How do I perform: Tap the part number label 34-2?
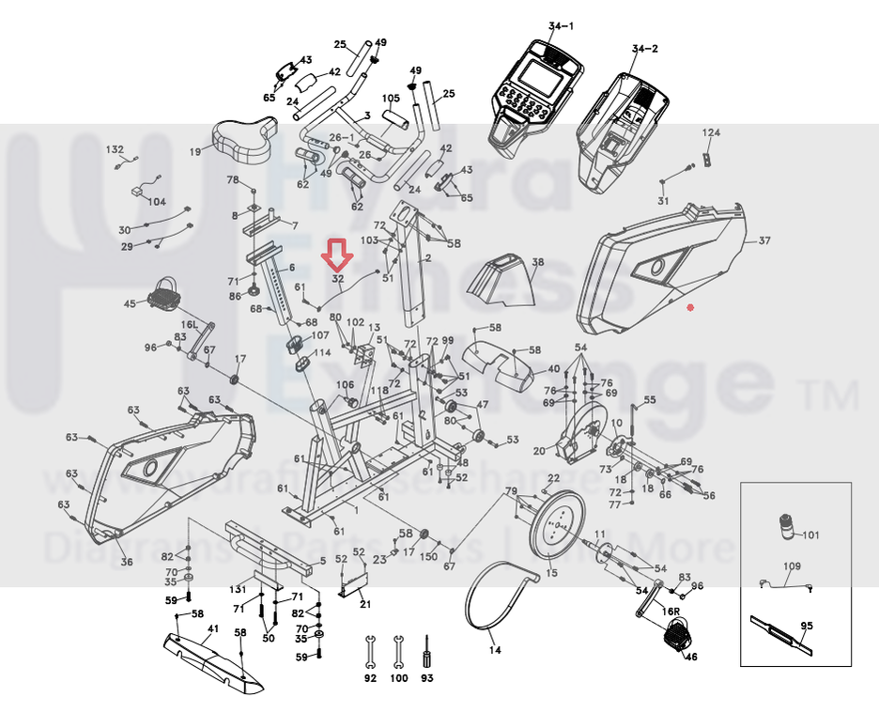(x=645, y=48)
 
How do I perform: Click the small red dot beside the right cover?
(x=690, y=307)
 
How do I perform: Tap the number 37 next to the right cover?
(x=763, y=241)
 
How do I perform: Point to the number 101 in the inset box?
(x=810, y=536)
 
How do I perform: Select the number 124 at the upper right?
(x=711, y=133)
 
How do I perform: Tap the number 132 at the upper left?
(x=115, y=150)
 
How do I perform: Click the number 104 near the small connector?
(x=155, y=201)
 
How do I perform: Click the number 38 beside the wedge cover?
(x=537, y=262)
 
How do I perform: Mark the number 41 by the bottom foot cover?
(x=213, y=628)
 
